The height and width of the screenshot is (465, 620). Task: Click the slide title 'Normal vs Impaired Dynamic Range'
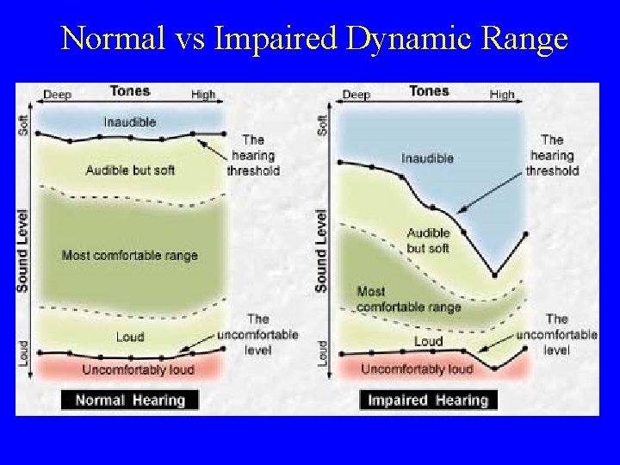(314, 40)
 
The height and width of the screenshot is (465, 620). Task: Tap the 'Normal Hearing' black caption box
(129, 400)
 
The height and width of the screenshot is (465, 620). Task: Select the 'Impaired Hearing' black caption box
(428, 400)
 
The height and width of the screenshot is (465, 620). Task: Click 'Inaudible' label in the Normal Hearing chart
(130, 122)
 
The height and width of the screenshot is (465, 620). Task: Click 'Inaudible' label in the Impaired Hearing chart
(427, 158)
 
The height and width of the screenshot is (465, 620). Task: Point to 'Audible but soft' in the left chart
(130, 170)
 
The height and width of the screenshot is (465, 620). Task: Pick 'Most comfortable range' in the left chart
(129, 255)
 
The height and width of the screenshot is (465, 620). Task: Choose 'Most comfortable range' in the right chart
(408, 299)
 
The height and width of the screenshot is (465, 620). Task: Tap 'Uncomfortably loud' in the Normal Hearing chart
(138, 370)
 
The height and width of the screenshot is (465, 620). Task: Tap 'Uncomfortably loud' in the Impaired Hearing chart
(417, 369)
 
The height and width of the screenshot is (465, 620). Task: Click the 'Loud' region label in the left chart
(130, 337)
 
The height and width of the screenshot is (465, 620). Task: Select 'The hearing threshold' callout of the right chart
(552, 155)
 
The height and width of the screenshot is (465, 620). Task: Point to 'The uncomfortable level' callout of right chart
(556, 334)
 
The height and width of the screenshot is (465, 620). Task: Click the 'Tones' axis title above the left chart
(129, 91)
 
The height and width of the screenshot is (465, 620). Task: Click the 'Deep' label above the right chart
(356, 94)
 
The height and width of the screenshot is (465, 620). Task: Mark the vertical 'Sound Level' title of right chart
(321, 250)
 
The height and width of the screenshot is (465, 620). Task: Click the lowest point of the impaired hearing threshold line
(494, 276)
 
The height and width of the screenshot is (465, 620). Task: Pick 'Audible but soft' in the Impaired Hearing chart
(428, 240)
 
